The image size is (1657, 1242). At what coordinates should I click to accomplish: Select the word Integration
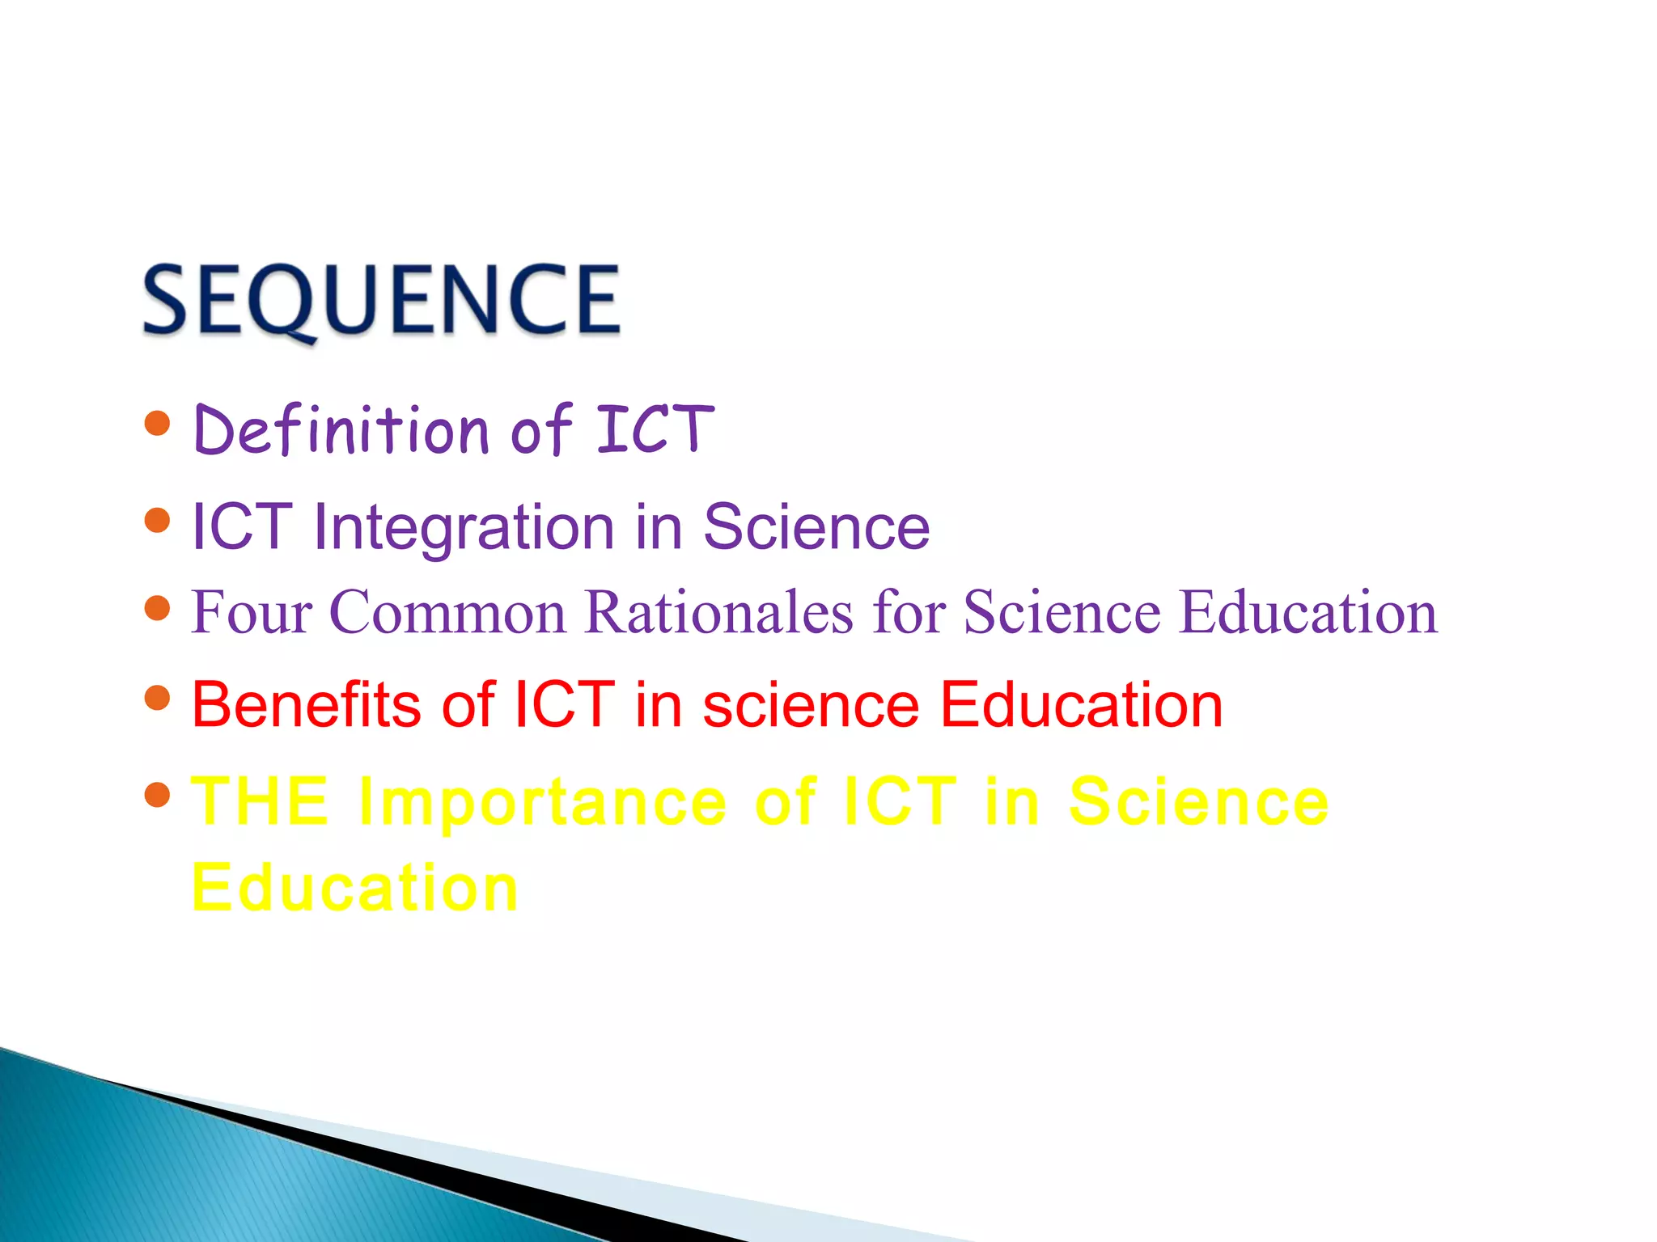click(x=464, y=527)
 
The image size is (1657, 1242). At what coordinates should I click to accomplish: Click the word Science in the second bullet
click(x=816, y=527)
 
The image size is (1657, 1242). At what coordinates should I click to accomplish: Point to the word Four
click(x=252, y=612)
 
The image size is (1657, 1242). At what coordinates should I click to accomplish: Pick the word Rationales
click(x=719, y=612)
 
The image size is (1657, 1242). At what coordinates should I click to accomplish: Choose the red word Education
click(x=1082, y=704)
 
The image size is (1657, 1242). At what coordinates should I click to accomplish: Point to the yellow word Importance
click(x=543, y=803)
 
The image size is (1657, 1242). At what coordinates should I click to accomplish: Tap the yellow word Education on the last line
click(x=354, y=887)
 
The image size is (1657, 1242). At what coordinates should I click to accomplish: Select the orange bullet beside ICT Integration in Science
click(x=157, y=520)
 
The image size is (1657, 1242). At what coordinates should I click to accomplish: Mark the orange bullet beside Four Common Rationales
click(x=157, y=607)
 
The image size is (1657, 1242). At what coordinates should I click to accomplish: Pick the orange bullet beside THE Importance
click(x=157, y=795)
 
